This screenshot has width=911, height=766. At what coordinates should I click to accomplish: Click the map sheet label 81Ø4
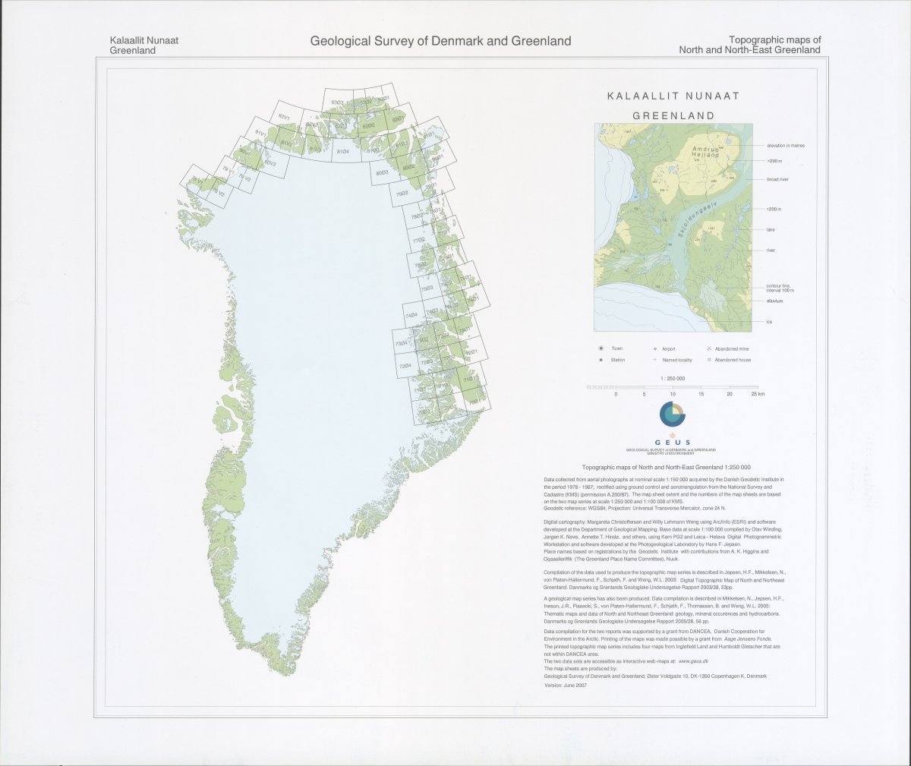[x=342, y=153]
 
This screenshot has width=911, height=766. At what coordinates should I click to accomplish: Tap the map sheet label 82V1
[x=285, y=117]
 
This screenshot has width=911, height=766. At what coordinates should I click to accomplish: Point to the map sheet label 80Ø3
[x=383, y=173]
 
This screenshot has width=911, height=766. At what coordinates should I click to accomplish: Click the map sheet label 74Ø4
[x=411, y=315]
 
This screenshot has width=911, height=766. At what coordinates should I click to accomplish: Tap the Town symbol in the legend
[x=601, y=348]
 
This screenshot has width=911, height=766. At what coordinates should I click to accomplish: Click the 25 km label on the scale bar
[x=757, y=395]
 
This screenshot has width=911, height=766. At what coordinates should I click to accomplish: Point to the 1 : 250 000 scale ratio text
[x=672, y=378]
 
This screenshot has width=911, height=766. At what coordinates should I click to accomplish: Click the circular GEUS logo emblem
[x=672, y=415]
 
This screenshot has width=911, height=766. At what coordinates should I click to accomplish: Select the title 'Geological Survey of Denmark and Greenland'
[x=440, y=41]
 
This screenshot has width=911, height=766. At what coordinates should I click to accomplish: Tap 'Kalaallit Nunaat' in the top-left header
[x=144, y=40]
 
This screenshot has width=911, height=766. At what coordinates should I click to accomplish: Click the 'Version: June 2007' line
[x=566, y=685]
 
